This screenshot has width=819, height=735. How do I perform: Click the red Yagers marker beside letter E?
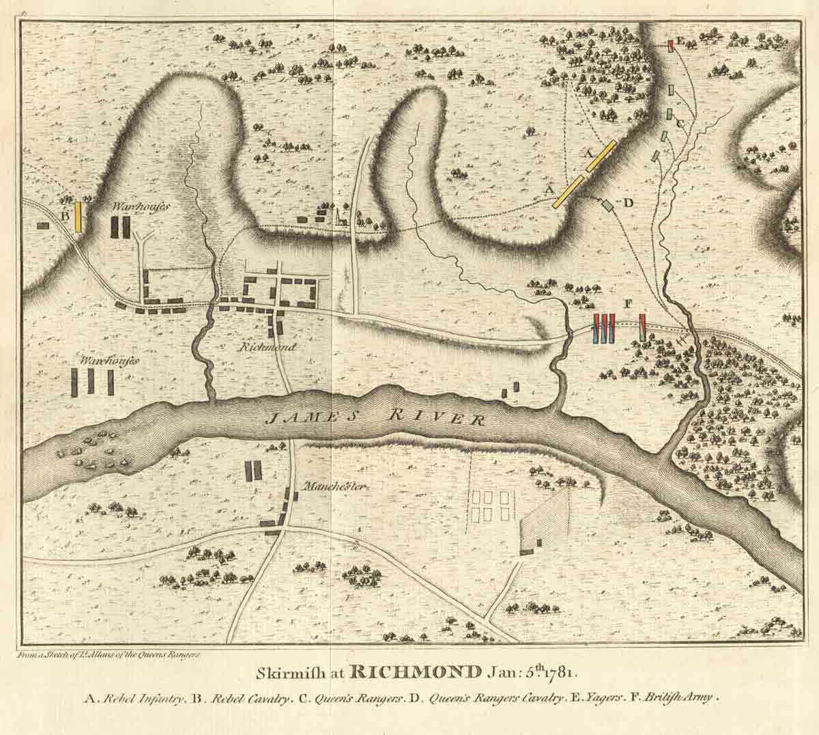[x=672, y=44]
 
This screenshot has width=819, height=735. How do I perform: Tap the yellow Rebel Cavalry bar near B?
[x=78, y=216]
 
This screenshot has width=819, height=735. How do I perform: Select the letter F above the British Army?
[x=628, y=303]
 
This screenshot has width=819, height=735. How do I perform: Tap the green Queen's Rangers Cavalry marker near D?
[x=607, y=204]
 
